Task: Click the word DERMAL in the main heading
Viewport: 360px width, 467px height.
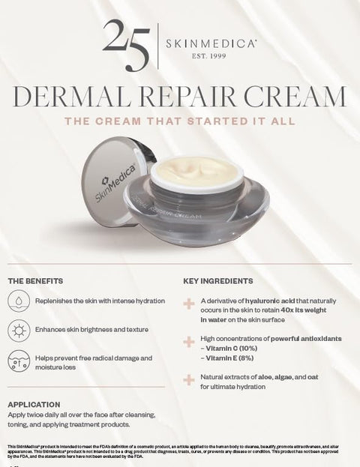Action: pos(73,97)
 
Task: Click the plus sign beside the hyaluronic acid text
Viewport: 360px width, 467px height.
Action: pos(188,304)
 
